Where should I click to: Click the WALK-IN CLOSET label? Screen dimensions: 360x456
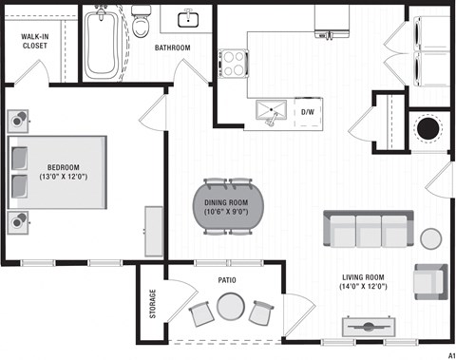click(x=36, y=43)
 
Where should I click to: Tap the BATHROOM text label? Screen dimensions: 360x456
click(x=173, y=47)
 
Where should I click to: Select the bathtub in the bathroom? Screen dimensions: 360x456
click(x=104, y=45)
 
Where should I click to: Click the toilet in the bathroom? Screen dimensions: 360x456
click(x=142, y=22)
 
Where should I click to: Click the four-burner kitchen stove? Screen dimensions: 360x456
click(x=234, y=64)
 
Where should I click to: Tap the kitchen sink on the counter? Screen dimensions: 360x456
click(x=274, y=111)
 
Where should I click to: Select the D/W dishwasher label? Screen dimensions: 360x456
click(x=308, y=112)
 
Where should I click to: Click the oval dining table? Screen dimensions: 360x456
click(x=226, y=205)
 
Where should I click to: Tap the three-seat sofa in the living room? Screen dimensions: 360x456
click(x=366, y=229)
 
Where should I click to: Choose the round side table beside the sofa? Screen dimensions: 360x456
click(x=431, y=238)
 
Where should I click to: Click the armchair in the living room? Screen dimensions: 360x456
click(x=429, y=280)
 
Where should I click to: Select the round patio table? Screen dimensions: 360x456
click(x=229, y=307)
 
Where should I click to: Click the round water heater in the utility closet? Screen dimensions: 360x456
click(x=429, y=127)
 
